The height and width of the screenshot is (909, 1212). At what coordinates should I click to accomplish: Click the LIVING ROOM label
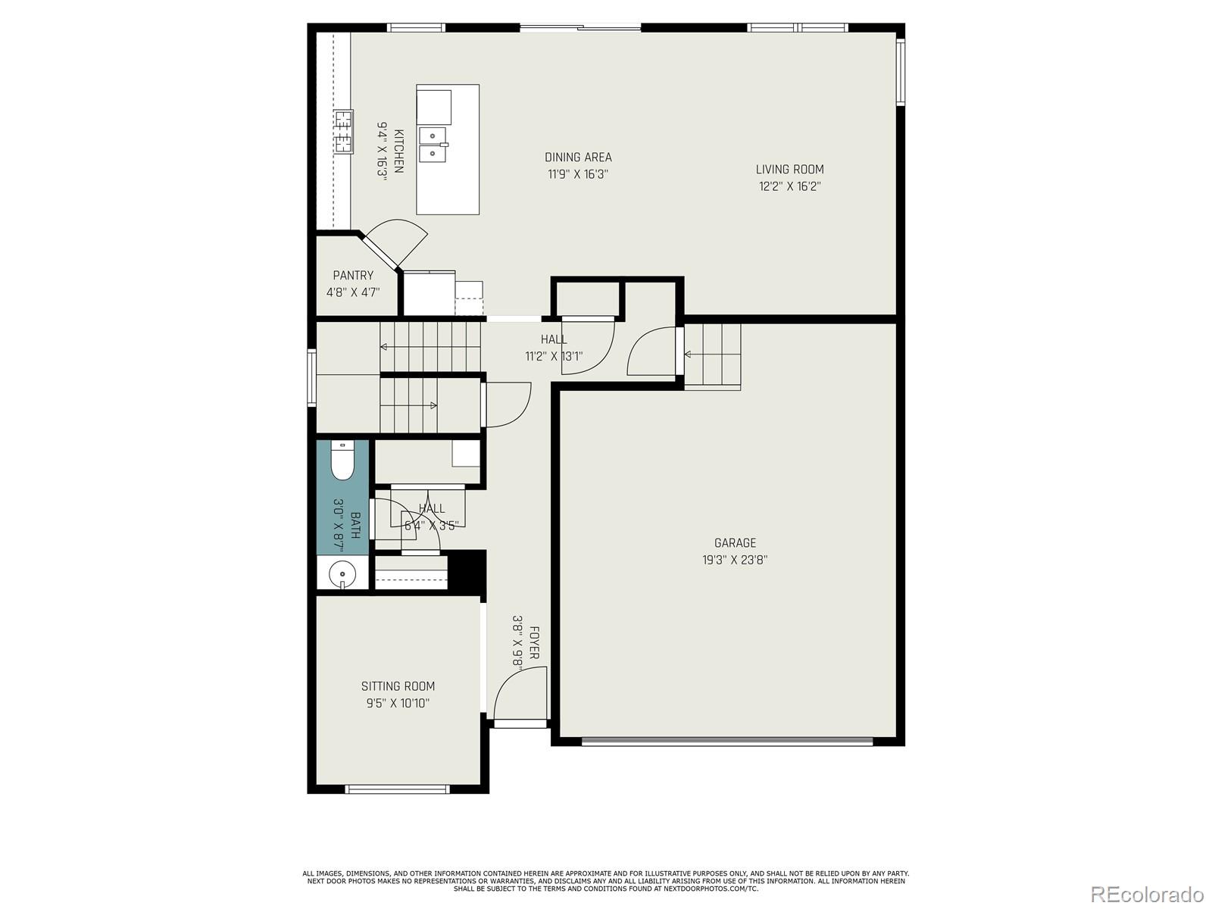click(789, 170)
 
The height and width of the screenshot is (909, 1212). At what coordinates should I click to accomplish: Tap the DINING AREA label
click(578, 158)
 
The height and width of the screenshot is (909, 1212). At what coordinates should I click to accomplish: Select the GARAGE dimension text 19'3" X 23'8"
click(735, 561)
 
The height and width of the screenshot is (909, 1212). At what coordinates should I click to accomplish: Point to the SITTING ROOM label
click(398, 686)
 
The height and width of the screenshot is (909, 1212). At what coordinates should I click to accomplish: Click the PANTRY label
click(353, 276)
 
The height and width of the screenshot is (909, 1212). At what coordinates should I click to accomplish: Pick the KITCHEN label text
click(398, 151)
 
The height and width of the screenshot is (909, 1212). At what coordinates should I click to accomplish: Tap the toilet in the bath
click(342, 461)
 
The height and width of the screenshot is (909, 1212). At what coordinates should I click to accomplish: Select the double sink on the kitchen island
click(433, 145)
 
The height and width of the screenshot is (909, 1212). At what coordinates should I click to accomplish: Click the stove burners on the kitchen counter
click(343, 131)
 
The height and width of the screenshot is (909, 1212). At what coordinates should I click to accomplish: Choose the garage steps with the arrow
click(712, 355)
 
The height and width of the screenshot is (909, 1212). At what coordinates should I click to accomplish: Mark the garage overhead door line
click(727, 742)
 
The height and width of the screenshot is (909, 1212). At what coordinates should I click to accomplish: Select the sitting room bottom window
click(398, 789)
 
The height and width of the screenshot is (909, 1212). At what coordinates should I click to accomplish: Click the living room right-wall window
click(901, 71)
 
